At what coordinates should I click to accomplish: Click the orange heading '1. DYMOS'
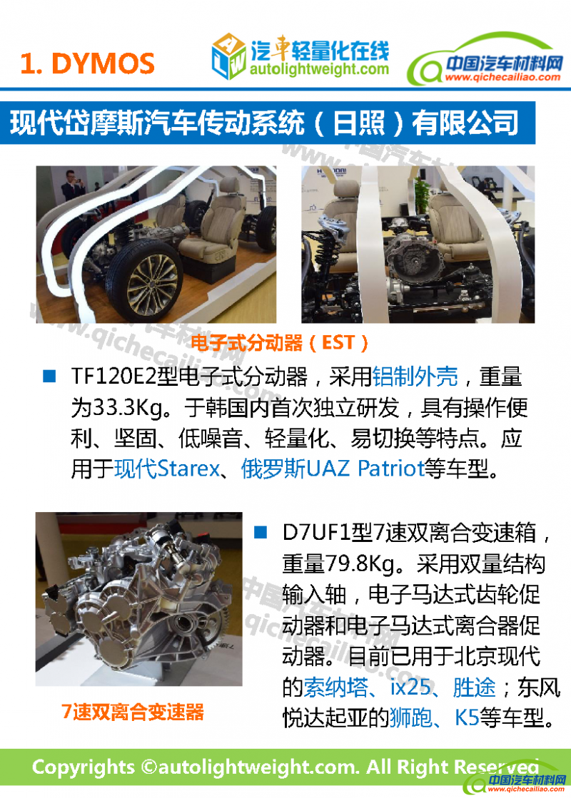(x=87, y=63)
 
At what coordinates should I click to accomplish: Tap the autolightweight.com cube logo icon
(x=228, y=56)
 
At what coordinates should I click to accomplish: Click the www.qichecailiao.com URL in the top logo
(x=502, y=77)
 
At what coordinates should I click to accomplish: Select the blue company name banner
(x=268, y=123)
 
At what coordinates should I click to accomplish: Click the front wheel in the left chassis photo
(x=144, y=275)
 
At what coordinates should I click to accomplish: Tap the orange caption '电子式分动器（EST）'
(x=279, y=343)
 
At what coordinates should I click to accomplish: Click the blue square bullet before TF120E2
(x=49, y=376)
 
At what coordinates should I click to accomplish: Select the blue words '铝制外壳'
(x=415, y=377)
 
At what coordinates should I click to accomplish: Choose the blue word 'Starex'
(x=188, y=469)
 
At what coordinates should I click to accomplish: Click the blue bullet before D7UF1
(x=261, y=532)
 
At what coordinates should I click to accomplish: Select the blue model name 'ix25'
(x=410, y=687)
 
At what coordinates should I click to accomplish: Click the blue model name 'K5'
(x=467, y=717)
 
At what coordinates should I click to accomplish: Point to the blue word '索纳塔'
(x=335, y=687)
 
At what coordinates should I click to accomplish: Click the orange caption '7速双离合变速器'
(x=133, y=712)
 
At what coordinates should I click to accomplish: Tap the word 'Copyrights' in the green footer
(x=83, y=767)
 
